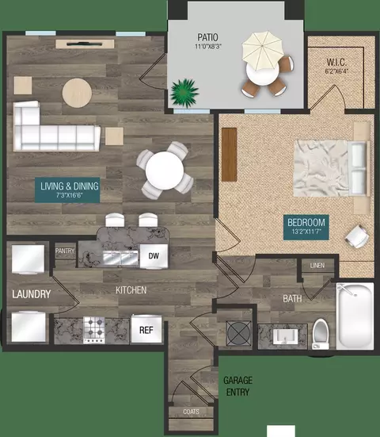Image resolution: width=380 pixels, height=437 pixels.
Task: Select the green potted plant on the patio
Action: click(184, 93)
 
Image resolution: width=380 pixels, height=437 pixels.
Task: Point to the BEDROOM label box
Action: click(306, 227)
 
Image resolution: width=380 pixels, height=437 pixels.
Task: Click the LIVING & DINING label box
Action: click(67, 190)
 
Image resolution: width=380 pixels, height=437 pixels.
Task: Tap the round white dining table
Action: click(165, 171)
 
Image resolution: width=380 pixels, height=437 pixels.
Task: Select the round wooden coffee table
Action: click(77, 93)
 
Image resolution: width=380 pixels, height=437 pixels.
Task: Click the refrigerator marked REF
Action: click(146, 329)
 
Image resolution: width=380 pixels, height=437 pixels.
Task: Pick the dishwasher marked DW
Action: click(154, 256)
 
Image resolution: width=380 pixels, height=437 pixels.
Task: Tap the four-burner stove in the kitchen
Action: click(94, 330)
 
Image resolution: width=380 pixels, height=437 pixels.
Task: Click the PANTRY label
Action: click(65, 251)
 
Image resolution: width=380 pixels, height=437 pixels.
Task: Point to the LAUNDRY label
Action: click(31, 294)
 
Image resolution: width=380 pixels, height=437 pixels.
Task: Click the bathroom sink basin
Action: click(285, 336)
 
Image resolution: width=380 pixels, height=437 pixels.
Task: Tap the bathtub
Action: click(355, 316)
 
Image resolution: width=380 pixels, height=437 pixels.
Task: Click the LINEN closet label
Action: click(317, 266)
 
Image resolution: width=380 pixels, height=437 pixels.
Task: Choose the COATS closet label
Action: click(191, 412)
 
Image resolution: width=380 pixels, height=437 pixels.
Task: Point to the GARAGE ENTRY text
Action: click(237, 386)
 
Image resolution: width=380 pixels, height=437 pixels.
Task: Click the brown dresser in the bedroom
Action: click(230, 155)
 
